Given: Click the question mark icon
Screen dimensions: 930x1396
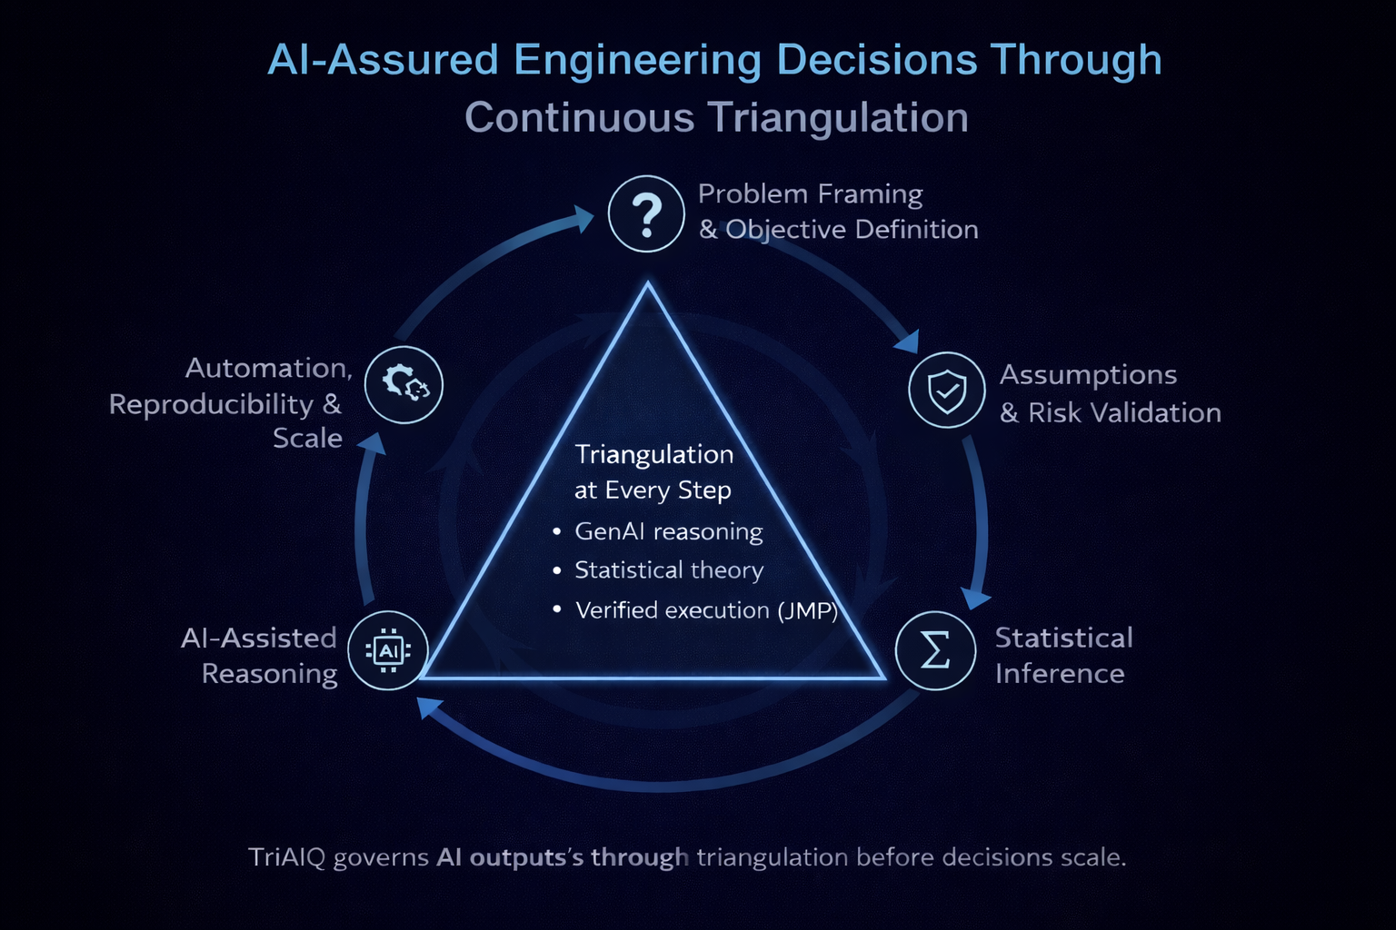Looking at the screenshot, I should click(x=646, y=214).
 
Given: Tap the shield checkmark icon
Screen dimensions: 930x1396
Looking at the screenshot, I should click(x=947, y=391).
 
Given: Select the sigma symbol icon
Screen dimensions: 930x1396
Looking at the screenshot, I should click(x=935, y=650).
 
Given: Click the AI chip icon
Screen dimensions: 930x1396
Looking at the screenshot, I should click(x=388, y=650).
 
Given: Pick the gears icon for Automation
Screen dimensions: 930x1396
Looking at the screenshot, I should click(x=404, y=384).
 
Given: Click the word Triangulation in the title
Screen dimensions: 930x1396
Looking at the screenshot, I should click(x=838, y=118).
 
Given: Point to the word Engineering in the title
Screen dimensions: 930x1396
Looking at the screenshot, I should click(x=637, y=60).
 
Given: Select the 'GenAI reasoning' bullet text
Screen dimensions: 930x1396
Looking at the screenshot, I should click(x=669, y=531).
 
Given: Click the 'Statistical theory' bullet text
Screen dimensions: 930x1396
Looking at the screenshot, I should click(x=669, y=570).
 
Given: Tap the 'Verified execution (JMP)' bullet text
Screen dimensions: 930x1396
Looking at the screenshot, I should click(x=706, y=610).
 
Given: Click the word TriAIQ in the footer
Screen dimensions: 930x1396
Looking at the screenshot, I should click(x=287, y=857).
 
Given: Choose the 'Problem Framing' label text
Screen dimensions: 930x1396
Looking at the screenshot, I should click(x=810, y=194).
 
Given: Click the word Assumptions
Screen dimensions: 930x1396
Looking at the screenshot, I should click(x=1088, y=375).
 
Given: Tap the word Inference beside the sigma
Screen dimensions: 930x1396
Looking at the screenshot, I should click(x=1060, y=674).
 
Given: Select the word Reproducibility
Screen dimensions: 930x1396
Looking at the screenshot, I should click(x=211, y=404).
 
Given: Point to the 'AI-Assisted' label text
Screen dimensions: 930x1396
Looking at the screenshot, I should click(x=259, y=638).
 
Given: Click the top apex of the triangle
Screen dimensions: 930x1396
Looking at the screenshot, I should click(x=648, y=285).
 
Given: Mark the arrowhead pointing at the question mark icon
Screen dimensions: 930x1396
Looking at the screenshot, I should click(x=582, y=219).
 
